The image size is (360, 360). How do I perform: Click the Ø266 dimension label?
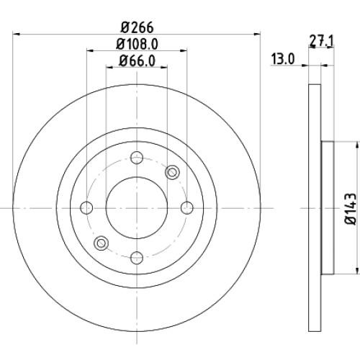point(138,27)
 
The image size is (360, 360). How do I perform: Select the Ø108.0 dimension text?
point(137,44)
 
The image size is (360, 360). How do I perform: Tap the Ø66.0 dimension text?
point(137,60)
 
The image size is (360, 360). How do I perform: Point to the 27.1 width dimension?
point(321,42)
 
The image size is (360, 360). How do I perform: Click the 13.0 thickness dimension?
point(283,59)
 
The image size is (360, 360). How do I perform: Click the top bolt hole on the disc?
point(137,158)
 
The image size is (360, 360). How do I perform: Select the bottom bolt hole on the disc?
point(137,258)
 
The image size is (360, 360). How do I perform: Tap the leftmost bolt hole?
point(86,208)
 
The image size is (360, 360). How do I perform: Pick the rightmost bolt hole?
point(186,208)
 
